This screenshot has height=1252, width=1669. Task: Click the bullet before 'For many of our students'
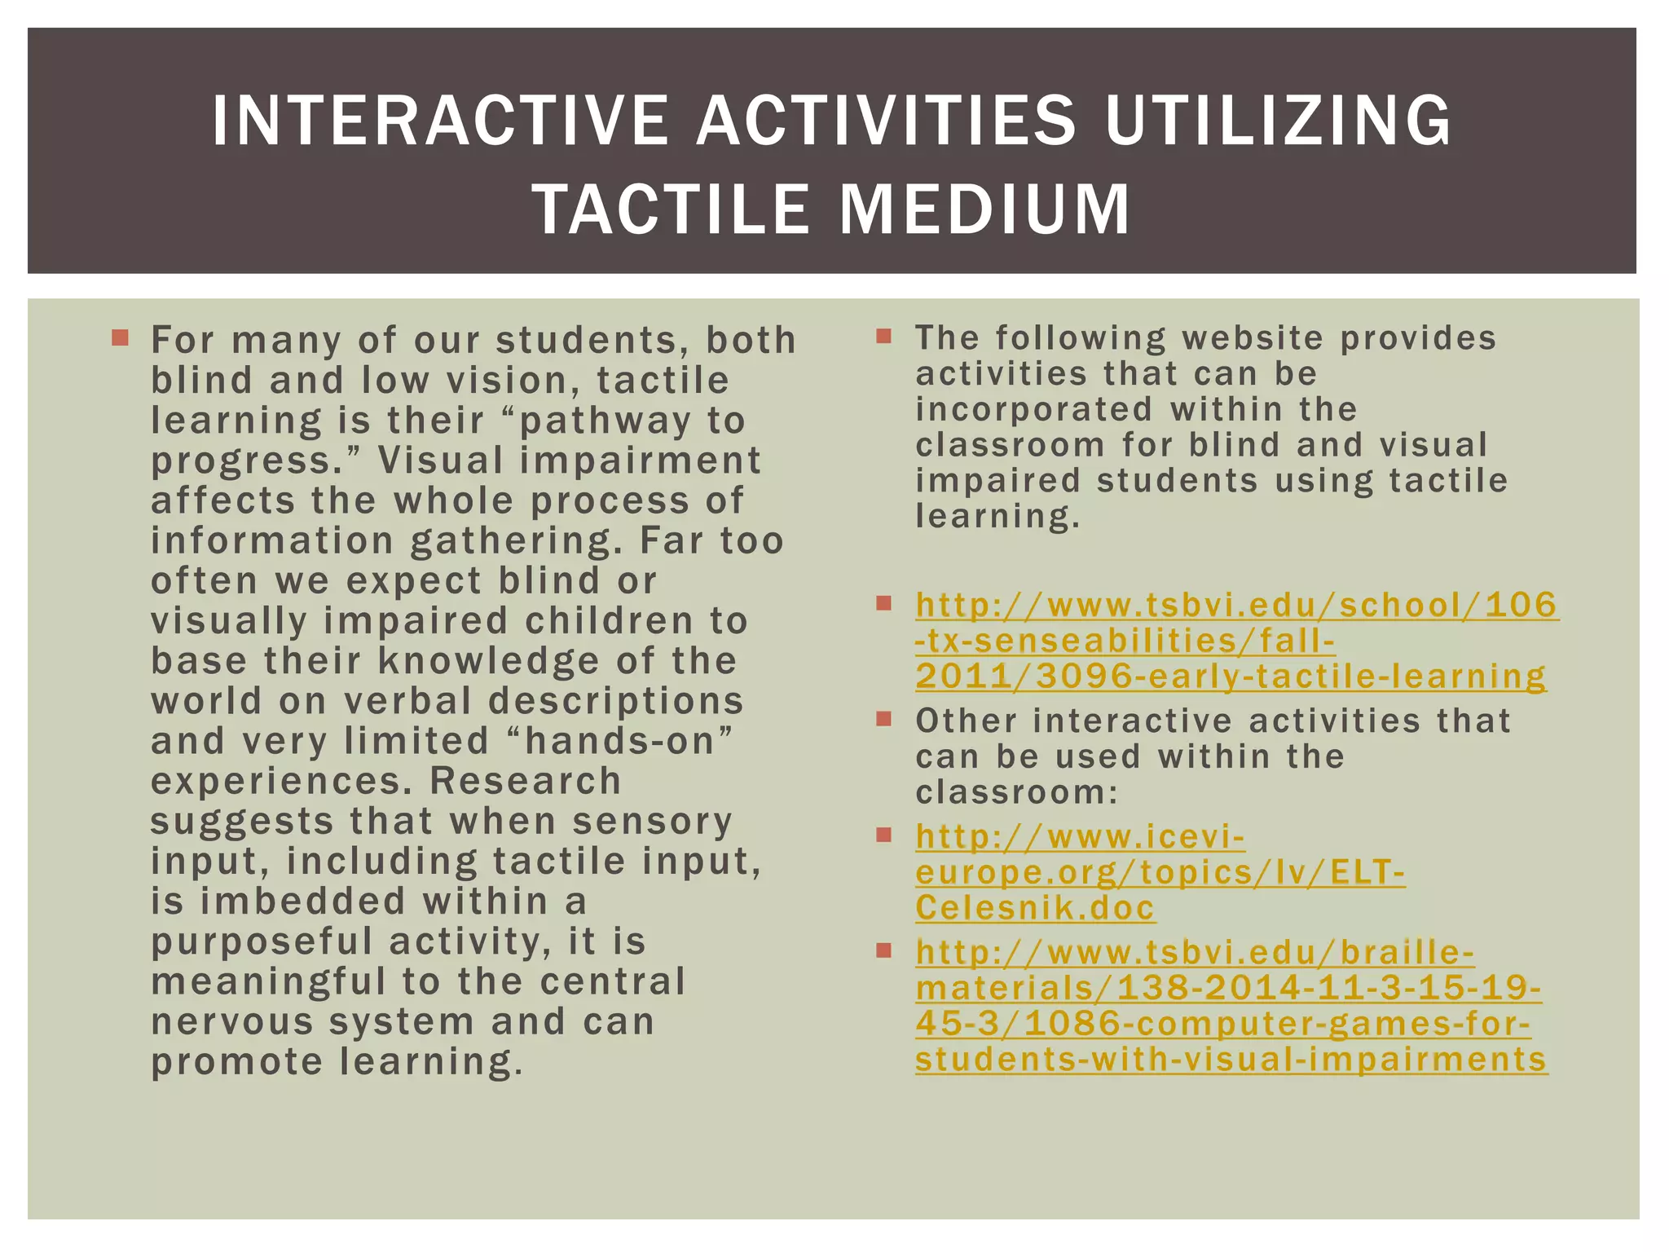(x=121, y=337)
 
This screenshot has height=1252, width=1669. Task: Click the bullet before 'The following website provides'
(x=884, y=335)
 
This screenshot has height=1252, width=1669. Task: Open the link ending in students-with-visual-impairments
(x=1231, y=1006)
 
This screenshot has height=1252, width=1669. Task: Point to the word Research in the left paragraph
(x=526, y=781)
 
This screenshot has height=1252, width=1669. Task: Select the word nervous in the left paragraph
(x=232, y=1021)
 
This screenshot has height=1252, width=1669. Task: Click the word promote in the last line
(x=237, y=1061)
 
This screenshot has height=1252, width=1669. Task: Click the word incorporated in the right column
(x=1034, y=409)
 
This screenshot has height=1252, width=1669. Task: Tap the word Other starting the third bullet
(x=966, y=721)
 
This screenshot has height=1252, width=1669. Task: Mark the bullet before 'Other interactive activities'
(x=884, y=718)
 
